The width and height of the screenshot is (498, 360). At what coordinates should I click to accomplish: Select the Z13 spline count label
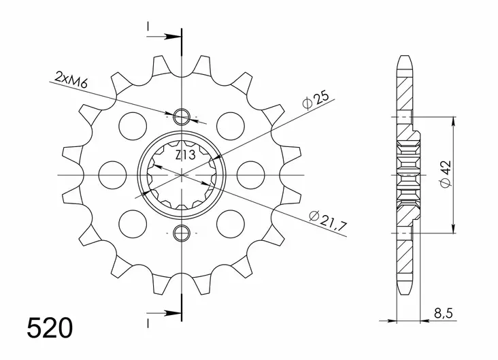182,156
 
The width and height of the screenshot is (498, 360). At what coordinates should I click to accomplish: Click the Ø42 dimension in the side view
444,176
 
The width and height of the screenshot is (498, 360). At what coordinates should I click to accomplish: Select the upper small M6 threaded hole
182,116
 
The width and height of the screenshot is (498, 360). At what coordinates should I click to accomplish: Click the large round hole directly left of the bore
114,175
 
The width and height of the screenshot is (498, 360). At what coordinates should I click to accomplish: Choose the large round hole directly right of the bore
250,175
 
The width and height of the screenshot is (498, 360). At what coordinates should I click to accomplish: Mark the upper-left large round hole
133,126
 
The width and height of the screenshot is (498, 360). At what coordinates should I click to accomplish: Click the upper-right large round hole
231,126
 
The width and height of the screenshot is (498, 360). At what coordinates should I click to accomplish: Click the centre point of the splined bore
182,175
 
